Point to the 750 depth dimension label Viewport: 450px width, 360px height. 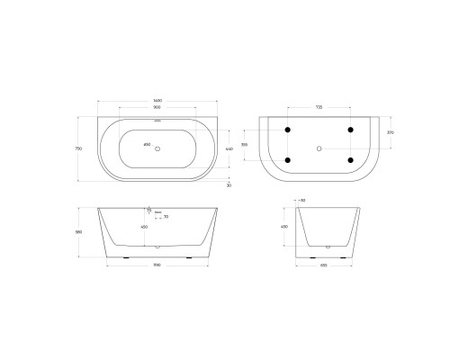[82, 148]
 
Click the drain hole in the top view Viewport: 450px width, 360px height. [157, 148]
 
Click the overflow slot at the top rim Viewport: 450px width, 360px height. [157, 119]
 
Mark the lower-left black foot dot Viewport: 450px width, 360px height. [288, 161]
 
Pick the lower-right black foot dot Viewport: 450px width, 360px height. [350, 161]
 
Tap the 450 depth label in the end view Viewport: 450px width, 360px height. [285, 227]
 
